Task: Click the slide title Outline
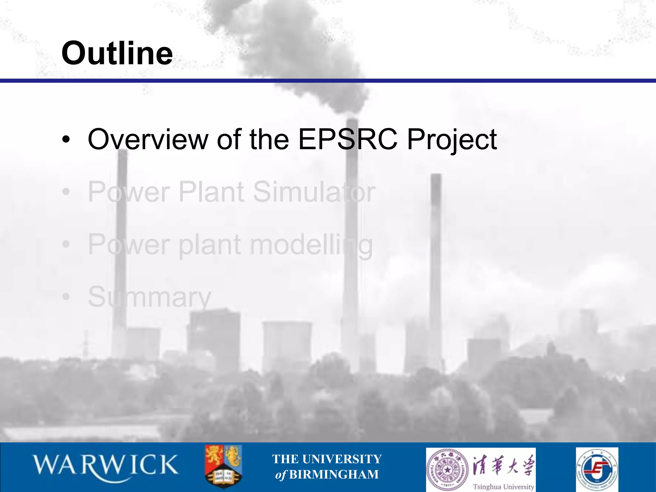(x=117, y=53)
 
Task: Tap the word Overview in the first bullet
(x=148, y=139)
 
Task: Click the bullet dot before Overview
(x=66, y=140)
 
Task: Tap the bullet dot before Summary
(x=66, y=297)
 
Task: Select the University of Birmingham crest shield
(x=223, y=466)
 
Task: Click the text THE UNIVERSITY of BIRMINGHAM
(x=327, y=466)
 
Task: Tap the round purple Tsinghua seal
(x=447, y=470)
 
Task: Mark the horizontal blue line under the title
(x=328, y=81)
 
